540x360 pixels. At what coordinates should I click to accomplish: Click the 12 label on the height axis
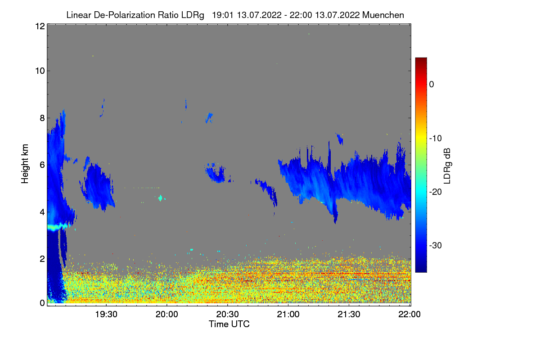[39, 26]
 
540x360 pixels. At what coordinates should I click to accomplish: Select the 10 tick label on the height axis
[39, 71]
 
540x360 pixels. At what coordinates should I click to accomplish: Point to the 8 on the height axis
[42, 118]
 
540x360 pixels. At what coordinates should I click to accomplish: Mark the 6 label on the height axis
[42, 165]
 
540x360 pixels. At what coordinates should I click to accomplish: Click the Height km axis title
[25, 164]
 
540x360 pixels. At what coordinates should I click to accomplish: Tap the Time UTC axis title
[229, 324]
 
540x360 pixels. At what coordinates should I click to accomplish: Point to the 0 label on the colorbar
[432, 84]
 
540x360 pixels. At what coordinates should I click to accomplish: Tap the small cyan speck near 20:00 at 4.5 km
[161, 198]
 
